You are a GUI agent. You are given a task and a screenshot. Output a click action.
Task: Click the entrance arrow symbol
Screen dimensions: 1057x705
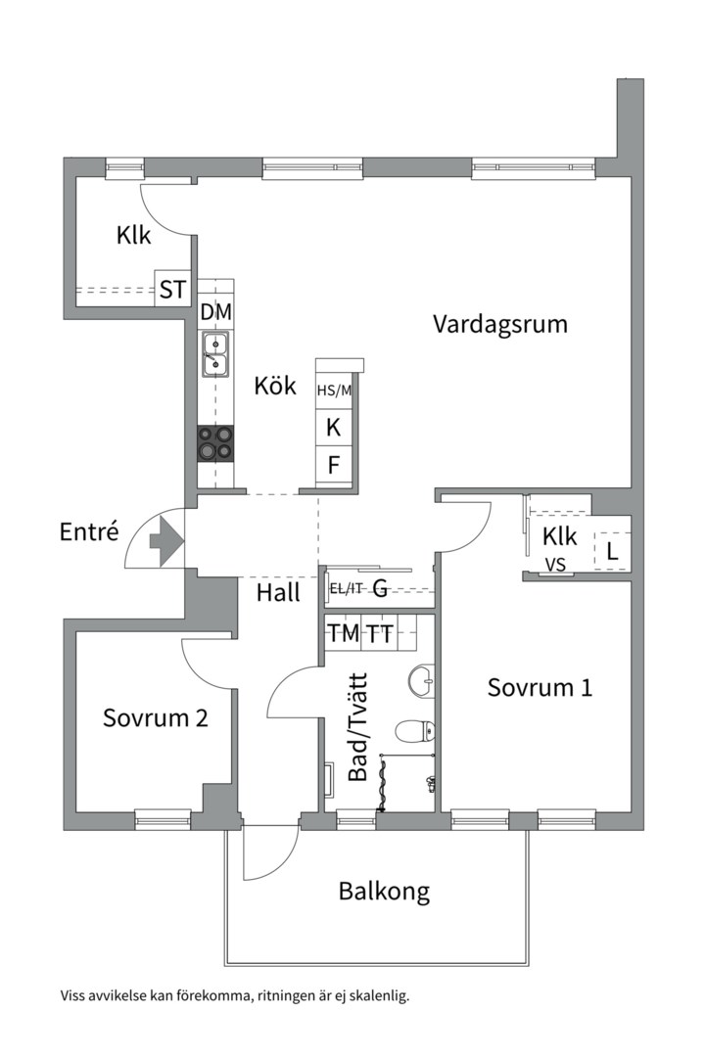165,540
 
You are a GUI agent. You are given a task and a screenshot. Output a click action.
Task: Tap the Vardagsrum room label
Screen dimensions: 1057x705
500,324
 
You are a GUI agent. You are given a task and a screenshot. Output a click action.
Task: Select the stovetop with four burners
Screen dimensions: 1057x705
216,443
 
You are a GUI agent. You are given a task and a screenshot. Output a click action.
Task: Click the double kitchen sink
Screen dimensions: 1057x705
215,354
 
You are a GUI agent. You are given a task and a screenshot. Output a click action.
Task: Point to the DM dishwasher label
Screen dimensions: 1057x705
215,313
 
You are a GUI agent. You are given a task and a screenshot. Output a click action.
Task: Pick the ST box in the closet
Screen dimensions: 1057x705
172,290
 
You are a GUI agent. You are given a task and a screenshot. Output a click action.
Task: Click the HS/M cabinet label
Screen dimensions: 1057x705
333,391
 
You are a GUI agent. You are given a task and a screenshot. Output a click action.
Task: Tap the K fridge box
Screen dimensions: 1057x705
333,428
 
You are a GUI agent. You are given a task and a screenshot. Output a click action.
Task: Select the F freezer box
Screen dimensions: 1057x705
333,464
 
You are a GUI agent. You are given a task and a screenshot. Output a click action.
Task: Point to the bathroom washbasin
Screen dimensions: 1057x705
421,678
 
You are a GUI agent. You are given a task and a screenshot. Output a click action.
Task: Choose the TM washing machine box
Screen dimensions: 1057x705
343,634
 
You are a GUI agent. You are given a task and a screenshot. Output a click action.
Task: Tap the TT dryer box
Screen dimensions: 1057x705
381,634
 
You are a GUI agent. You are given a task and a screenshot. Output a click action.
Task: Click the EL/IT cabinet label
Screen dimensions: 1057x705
346,588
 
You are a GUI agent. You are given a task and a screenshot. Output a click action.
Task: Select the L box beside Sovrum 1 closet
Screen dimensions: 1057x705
612,552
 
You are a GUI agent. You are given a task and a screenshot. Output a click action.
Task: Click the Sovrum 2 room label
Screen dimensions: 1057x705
155,718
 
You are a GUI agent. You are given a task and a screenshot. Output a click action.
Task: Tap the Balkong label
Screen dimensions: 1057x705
384,892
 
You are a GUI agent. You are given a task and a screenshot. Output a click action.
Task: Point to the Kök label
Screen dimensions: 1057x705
274,386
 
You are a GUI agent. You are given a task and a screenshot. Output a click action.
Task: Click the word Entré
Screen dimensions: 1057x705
89,532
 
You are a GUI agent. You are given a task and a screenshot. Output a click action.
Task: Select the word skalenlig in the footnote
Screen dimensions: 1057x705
376,996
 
